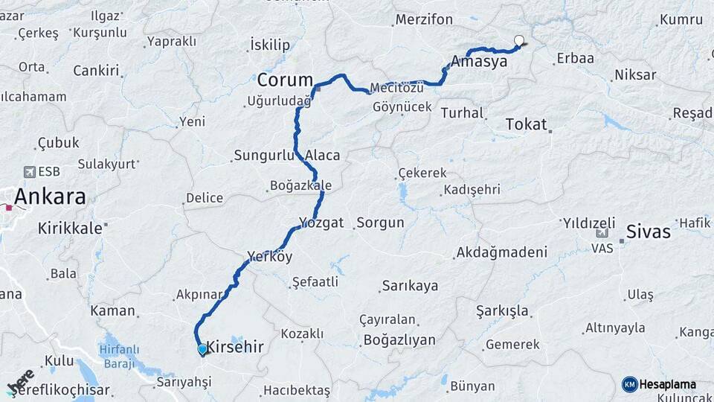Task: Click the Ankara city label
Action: click(50, 197)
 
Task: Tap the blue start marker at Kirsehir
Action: click(202, 348)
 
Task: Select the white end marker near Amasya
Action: click(519, 41)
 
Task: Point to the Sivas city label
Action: click(648, 232)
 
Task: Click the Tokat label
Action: click(526, 124)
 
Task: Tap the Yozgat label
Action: click(321, 223)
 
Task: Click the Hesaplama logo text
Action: click(667, 384)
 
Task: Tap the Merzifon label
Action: click(424, 19)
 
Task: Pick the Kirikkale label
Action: click(69, 229)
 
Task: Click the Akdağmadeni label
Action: click(502, 252)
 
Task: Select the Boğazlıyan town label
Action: click(399, 340)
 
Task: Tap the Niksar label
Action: click(635, 75)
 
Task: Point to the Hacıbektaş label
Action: click(296, 390)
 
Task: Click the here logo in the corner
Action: click(20, 381)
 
